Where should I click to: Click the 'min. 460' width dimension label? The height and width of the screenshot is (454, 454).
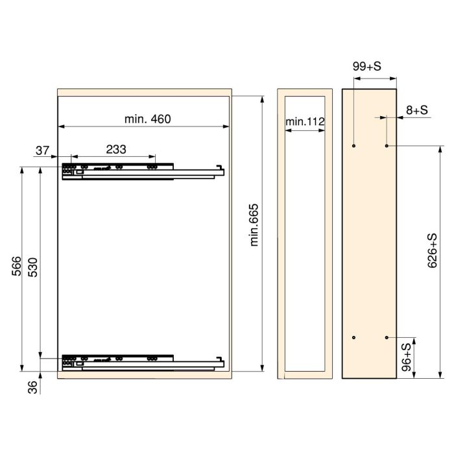pyautogui.click(x=147, y=119)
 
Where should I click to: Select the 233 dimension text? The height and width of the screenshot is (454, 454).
pyautogui.click(x=115, y=149)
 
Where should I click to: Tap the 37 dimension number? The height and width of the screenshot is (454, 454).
pyautogui.click(x=43, y=150)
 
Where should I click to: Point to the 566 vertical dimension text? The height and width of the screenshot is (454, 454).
pyautogui.click(x=18, y=267)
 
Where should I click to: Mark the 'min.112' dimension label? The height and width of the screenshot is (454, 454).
pyautogui.click(x=304, y=121)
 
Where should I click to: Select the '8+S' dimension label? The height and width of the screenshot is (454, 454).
pyautogui.click(x=417, y=111)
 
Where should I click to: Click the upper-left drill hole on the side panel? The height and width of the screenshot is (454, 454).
pyautogui.click(x=353, y=146)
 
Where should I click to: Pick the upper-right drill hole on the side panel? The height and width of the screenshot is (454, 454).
pyautogui.click(x=387, y=146)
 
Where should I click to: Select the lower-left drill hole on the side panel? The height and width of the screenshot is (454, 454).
pyautogui.click(x=353, y=337)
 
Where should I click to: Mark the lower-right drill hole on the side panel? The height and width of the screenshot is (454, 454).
pyautogui.click(x=387, y=337)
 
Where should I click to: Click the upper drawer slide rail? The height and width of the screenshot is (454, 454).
pyautogui.click(x=143, y=171)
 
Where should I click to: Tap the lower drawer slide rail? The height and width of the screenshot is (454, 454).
pyautogui.click(x=143, y=361)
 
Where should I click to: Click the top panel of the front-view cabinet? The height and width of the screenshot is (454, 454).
pyautogui.click(x=144, y=92)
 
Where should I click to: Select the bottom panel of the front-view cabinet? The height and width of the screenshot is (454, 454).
pyautogui.click(x=144, y=375)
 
